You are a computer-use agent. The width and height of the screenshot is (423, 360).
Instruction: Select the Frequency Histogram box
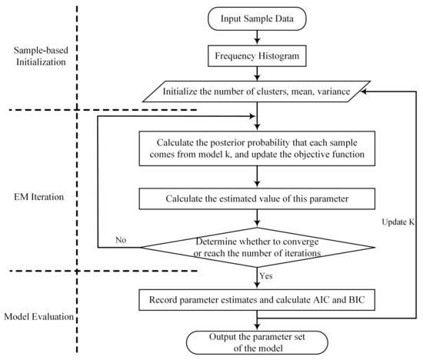(x=261, y=55)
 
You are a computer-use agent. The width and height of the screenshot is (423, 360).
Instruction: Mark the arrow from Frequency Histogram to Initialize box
(x=261, y=74)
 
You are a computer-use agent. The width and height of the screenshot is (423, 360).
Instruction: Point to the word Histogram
(x=285, y=55)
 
